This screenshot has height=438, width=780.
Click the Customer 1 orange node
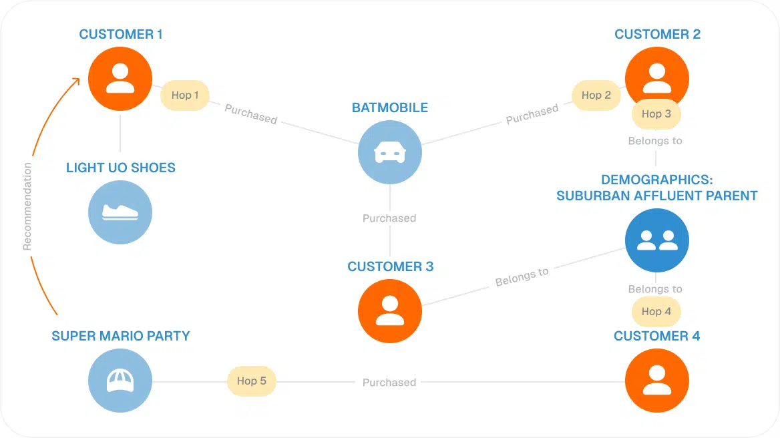[x=120, y=79]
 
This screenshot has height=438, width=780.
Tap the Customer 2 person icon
[x=657, y=78]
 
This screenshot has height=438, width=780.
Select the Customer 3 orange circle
[x=390, y=310]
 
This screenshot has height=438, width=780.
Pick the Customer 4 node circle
[x=657, y=381]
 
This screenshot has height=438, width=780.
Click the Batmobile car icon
[x=390, y=153]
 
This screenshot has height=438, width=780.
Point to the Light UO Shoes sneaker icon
[x=120, y=212]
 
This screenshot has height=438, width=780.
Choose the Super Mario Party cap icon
[x=120, y=381]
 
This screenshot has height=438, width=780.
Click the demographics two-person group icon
[x=657, y=240]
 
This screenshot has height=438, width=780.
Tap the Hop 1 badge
[x=185, y=95]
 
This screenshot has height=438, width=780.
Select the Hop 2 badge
[x=596, y=95]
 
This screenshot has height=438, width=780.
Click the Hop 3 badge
[x=656, y=114]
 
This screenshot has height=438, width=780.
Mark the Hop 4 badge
[x=656, y=312]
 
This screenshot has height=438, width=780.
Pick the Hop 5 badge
[x=252, y=381]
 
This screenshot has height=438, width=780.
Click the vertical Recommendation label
[x=27, y=206]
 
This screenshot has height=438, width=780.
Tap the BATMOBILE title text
[x=390, y=107]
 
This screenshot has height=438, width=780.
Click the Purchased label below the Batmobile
[x=389, y=218]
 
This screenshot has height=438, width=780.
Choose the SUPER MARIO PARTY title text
[x=121, y=336]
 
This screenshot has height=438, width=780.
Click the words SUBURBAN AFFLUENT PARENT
[x=657, y=196]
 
